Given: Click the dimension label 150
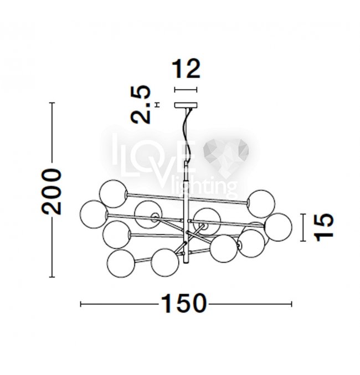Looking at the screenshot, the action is coord(184,304).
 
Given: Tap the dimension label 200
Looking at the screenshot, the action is coord(52,191).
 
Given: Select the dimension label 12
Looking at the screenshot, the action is coord(186,69).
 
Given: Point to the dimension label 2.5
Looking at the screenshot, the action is coord(141,104).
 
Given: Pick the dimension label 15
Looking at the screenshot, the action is coord(323,227).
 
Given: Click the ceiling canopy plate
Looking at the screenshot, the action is coord(186,105).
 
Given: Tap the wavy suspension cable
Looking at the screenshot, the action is coord(187,135).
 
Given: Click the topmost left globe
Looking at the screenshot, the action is coord(114,194).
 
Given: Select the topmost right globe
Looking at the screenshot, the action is coord(261,204).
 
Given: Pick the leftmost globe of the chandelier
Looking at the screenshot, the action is coord(94,214).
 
